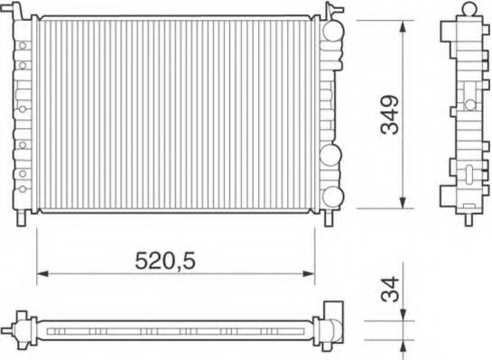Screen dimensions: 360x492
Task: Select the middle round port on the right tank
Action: tap(331, 153)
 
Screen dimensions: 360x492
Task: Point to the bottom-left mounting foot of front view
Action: tap(23, 218)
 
